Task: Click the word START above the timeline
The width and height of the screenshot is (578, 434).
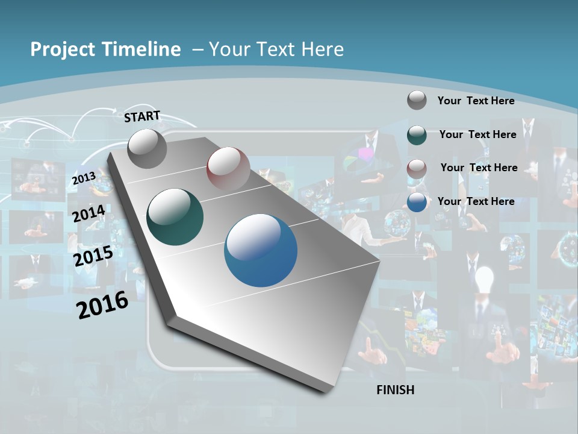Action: [x=142, y=116]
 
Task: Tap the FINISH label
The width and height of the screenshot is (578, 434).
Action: [x=395, y=390]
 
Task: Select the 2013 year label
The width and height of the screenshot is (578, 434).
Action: [x=84, y=178]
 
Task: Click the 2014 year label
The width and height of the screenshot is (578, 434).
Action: [x=89, y=213]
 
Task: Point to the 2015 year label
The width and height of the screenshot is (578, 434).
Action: [x=93, y=256]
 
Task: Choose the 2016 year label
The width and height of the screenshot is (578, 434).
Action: [x=102, y=305]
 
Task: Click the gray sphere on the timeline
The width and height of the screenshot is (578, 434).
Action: [x=147, y=148]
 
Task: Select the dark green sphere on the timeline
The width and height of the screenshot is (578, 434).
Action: [x=175, y=217]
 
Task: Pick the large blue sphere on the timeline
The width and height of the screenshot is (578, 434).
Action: [x=261, y=250]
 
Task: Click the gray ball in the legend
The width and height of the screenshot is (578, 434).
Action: [x=417, y=100]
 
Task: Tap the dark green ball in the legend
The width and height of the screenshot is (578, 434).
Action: [x=417, y=135]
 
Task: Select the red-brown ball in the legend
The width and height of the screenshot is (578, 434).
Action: [x=417, y=169]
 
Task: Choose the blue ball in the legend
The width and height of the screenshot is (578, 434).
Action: [x=417, y=202]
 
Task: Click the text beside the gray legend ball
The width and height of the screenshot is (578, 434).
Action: [x=476, y=101]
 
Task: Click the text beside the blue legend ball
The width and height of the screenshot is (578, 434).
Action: [x=476, y=201]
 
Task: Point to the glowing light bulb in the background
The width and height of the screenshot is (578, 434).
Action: [x=484, y=278]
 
